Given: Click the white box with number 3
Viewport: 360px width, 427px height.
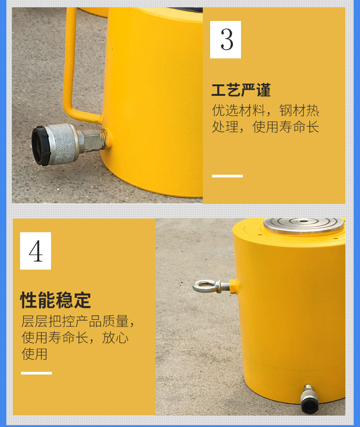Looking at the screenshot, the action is click(225, 40).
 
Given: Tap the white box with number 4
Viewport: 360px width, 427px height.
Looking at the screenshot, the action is click(36, 251).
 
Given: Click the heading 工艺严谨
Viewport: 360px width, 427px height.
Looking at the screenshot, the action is click(241, 90).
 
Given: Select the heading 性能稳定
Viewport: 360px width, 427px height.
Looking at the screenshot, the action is click(56, 300).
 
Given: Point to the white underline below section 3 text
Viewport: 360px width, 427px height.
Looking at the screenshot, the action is click(227, 176).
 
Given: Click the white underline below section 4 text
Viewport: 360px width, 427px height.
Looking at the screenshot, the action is click(36, 373).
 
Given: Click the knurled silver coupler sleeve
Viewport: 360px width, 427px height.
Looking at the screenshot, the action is click(63, 144).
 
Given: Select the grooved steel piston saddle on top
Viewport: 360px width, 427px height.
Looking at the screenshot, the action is click(303, 226).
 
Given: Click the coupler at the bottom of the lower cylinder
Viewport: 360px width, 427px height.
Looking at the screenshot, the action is click(309, 399).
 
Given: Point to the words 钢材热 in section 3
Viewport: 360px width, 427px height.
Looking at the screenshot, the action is click(299, 110).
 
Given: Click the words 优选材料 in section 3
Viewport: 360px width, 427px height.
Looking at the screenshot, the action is click(238, 110).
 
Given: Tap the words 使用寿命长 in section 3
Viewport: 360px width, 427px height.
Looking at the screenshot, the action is click(286, 127).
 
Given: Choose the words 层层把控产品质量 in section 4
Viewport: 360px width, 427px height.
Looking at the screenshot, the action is click(75, 321).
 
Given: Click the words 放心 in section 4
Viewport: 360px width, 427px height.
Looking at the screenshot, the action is click(115, 338).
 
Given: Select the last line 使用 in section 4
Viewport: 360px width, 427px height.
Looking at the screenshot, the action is click(34, 354).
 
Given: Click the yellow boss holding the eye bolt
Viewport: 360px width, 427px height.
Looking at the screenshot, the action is click(234, 286).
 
